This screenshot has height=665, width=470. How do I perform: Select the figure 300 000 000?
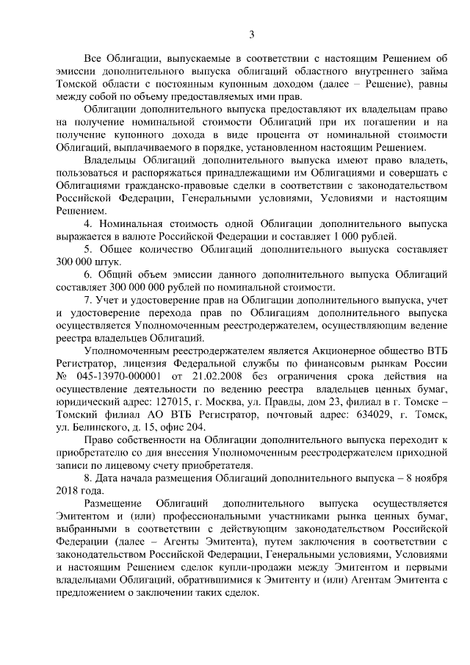[131, 287]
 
